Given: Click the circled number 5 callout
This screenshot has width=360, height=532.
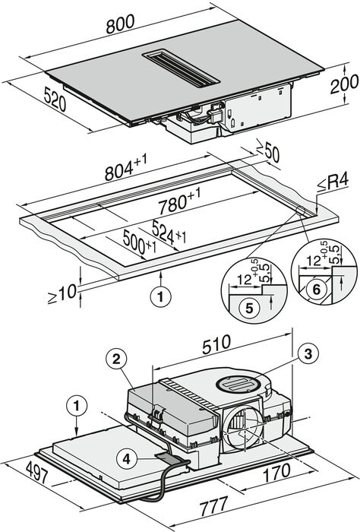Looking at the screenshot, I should click(x=242, y=308).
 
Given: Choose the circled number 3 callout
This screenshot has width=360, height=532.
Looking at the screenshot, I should click(x=307, y=353).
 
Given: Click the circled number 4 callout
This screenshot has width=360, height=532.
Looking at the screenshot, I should click(x=126, y=458).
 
